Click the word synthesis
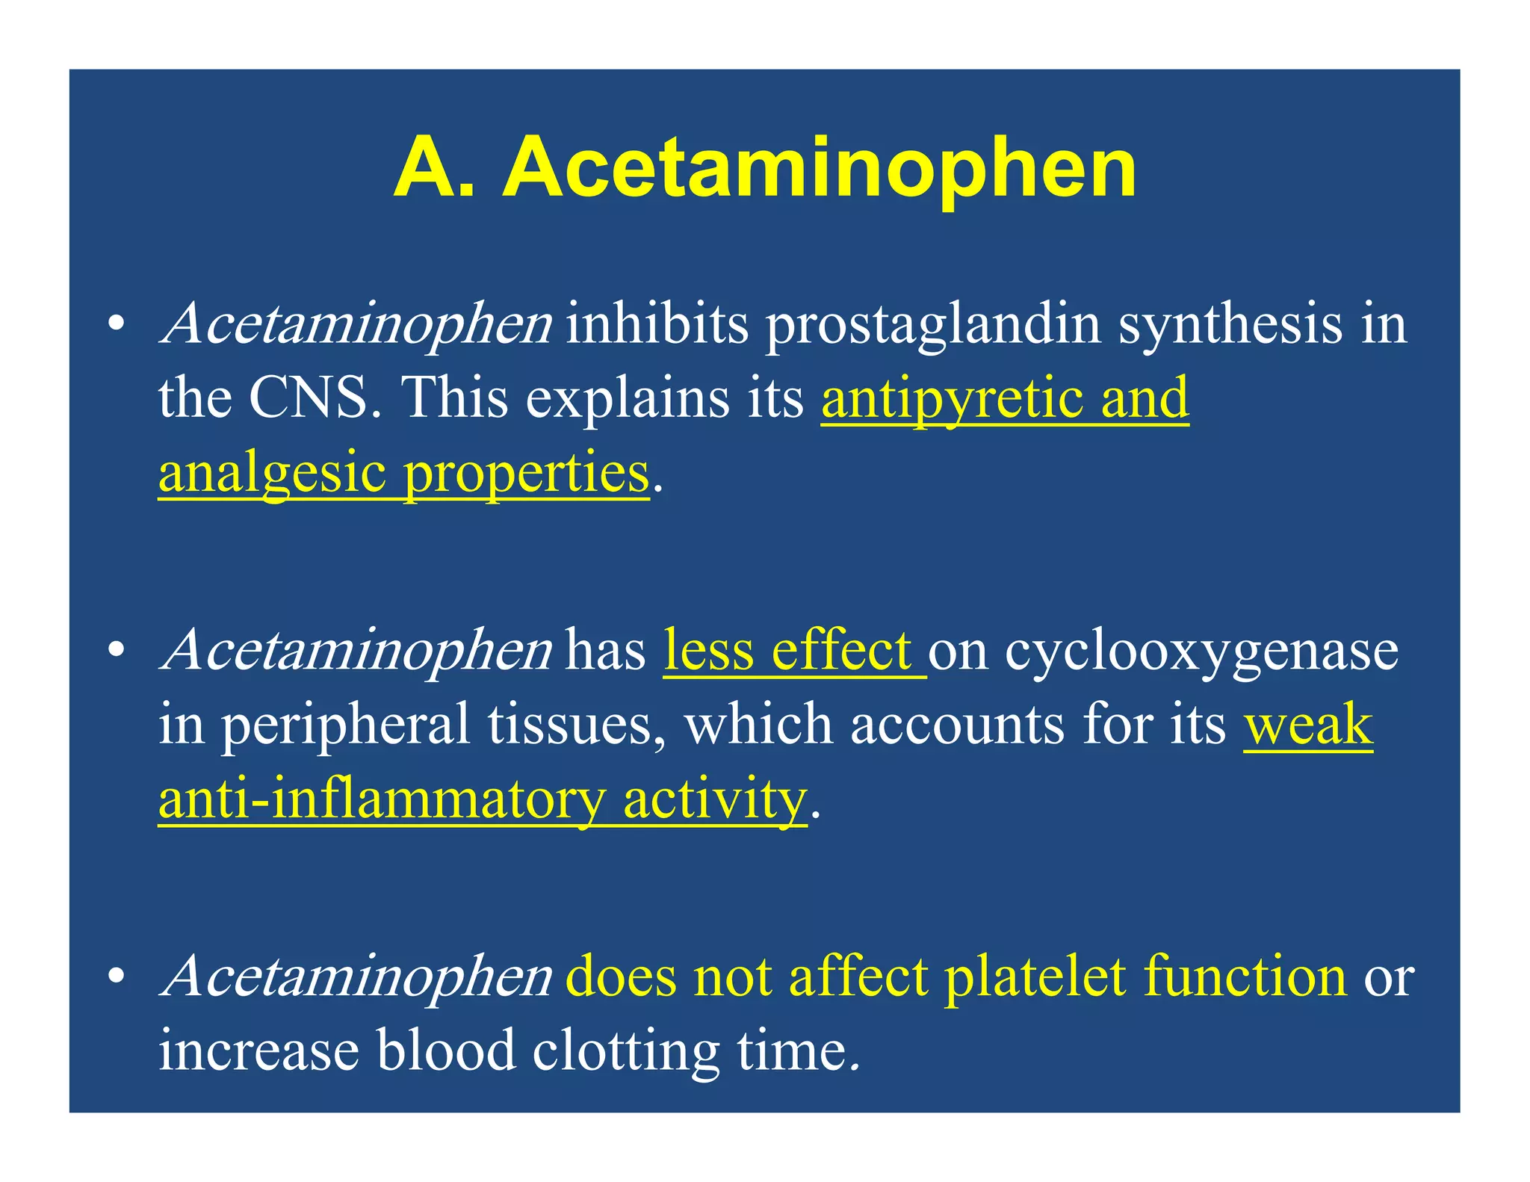(1230, 326)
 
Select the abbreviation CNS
(308, 397)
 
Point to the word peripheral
(344, 725)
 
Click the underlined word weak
(1307, 725)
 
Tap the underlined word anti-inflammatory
(381, 799)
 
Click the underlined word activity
(714, 799)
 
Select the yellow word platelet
(1034, 976)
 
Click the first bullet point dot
(115, 326)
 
